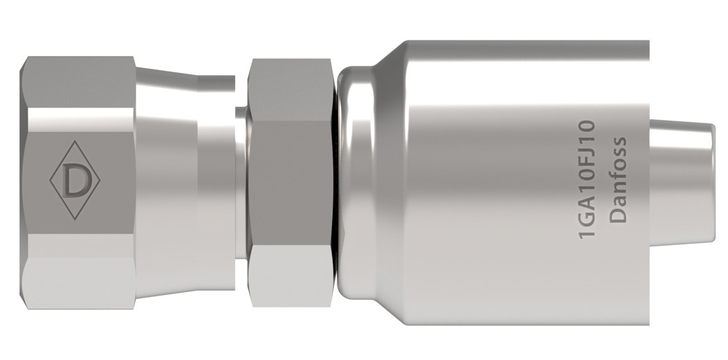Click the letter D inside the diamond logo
click(x=74, y=181)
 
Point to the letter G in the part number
click(x=587, y=223)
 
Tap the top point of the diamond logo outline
click(x=74, y=142)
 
